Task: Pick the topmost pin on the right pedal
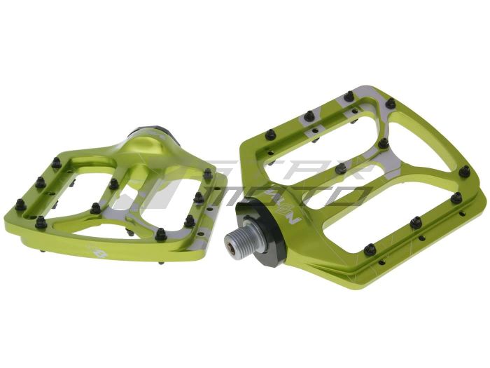point(349,96)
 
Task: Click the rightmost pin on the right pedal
point(464,171)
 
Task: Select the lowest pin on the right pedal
point(370,249)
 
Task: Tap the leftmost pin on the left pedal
point(20,205)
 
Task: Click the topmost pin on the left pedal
point(56,162)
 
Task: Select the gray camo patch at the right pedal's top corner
point(364,98)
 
